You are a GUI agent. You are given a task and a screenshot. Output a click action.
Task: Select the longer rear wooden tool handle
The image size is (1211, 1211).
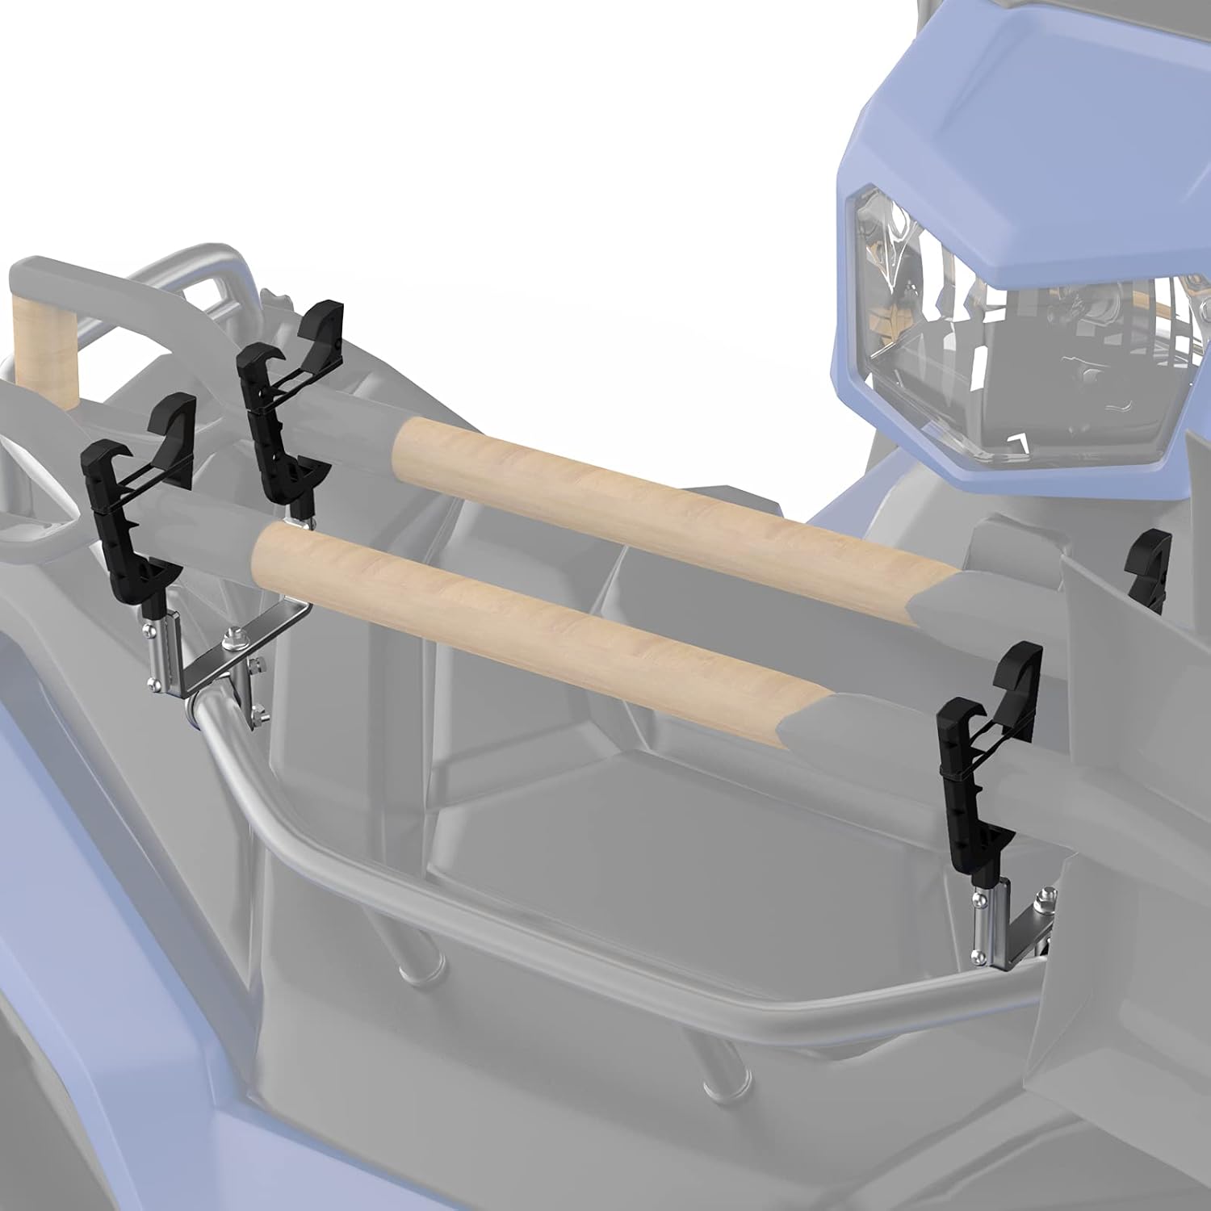(x=670, y=501)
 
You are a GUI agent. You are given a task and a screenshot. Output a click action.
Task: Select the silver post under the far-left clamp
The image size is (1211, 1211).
(x=158, y=654)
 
